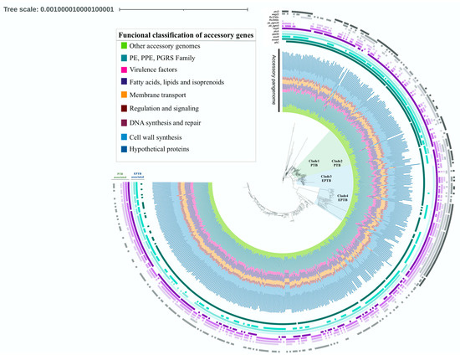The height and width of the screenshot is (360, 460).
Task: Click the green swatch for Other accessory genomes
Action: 123,45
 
